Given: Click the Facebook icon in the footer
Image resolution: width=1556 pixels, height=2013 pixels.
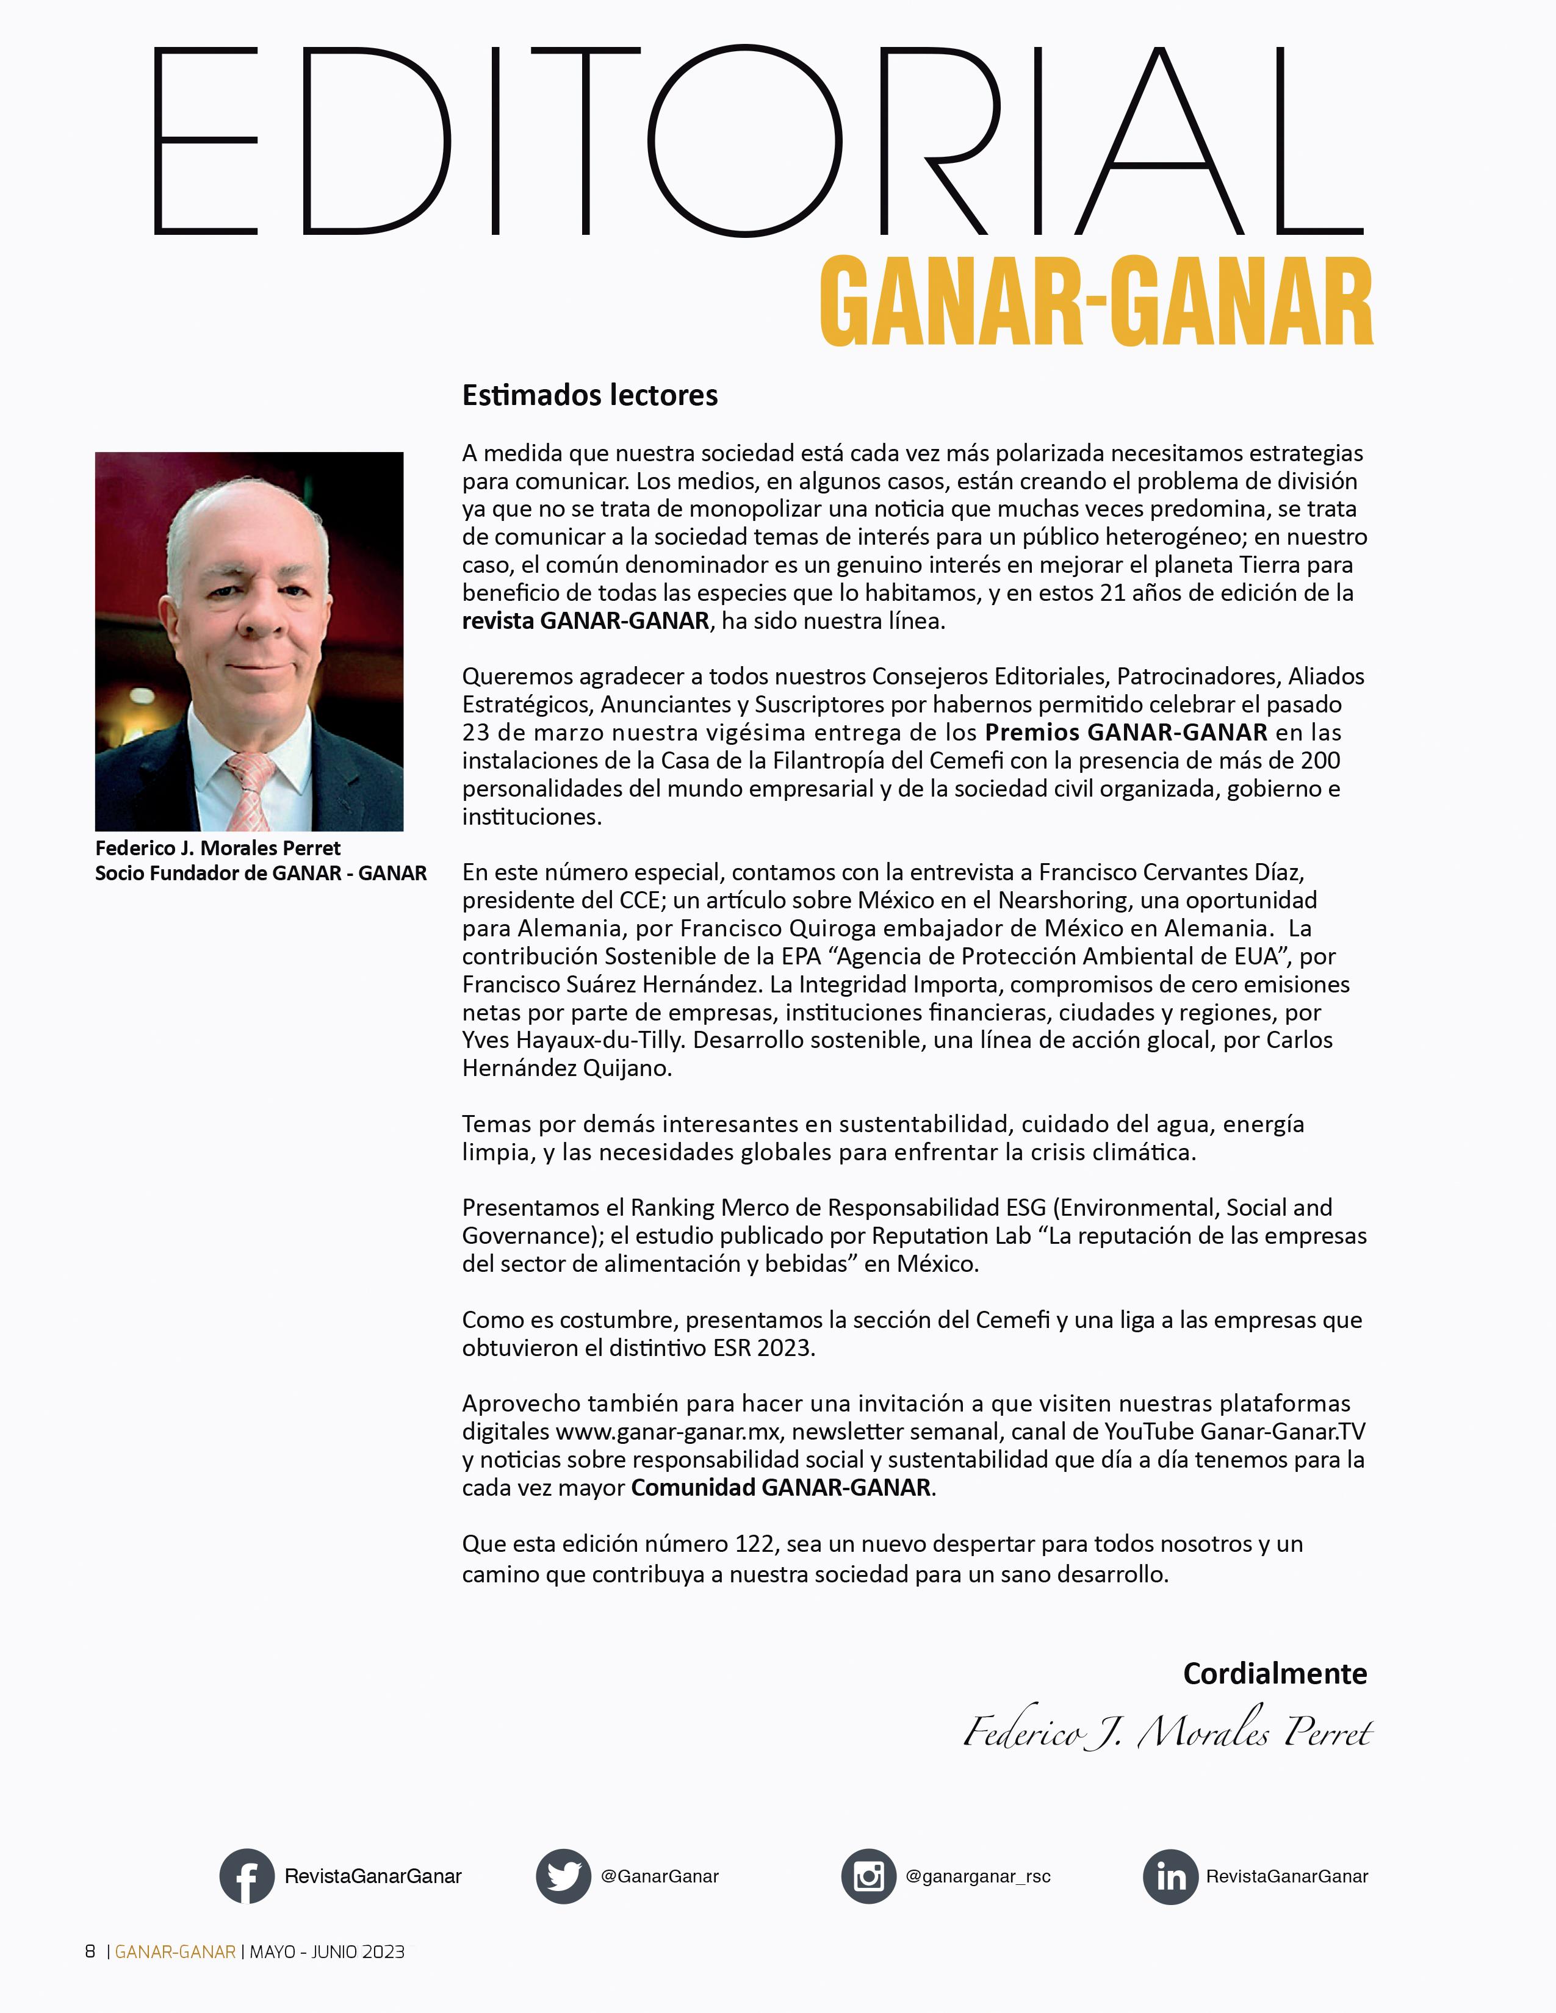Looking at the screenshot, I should (x=246, y=1876).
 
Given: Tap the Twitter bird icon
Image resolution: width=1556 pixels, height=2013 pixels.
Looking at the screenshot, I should (x=563, y=1876).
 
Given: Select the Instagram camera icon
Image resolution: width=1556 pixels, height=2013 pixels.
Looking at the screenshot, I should (x=868, y=1876).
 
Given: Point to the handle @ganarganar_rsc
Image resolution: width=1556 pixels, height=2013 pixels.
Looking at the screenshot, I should (x=978, y=1876).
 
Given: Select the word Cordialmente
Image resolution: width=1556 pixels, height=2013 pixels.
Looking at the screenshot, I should (x=1274, y=1673).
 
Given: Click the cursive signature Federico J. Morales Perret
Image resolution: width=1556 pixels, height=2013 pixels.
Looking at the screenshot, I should (x=1168, y=1734).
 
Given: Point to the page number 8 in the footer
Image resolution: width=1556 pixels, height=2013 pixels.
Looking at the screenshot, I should (x=90, y=1951).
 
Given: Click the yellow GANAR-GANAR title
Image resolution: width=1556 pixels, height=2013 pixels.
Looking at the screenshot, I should (x=1095, y=303).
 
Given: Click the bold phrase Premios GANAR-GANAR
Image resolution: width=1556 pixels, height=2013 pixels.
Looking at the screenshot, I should (x=1126, y=733).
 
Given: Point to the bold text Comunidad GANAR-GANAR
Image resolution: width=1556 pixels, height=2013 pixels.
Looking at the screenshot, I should (x=781, y=1488).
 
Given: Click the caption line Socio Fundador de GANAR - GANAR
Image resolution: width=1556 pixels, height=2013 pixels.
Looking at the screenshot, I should (x=261, y=873).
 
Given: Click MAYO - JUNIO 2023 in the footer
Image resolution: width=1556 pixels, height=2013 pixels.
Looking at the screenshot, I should (x=327, y=1951).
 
